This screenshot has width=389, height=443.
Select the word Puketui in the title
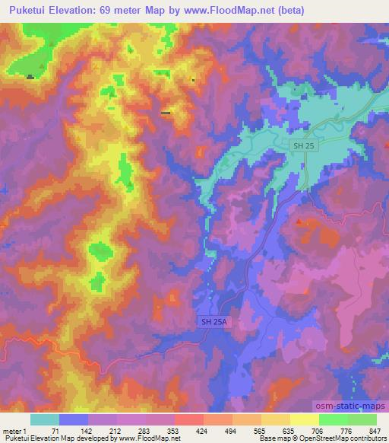(27, 11)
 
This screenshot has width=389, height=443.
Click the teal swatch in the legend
(45, 419)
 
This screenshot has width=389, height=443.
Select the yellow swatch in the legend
(304, 419)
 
